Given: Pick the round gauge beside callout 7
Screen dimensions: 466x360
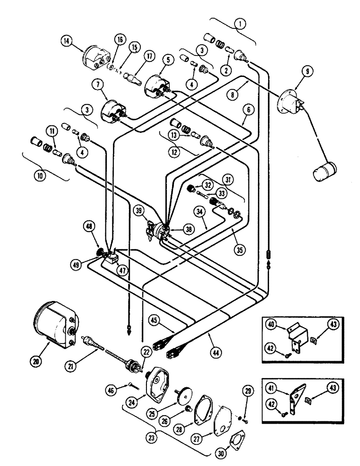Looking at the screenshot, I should pyautogui.click(x=113, y=112).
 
